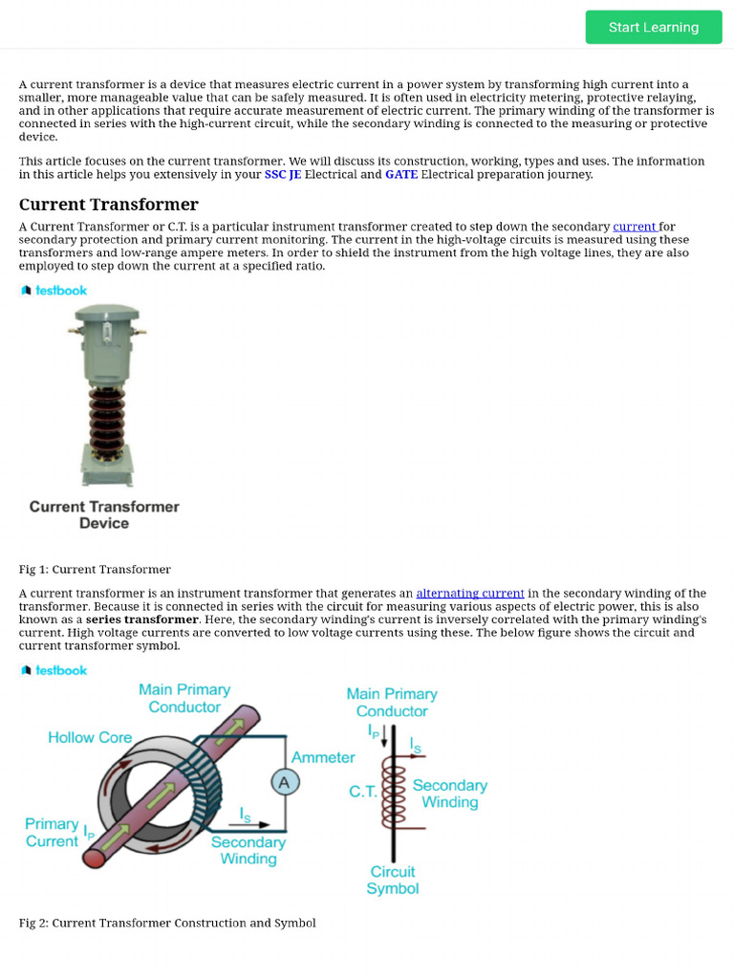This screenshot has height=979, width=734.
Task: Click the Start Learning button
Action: (x=654, y=27)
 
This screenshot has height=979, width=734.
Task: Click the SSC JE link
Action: (x=282, y=175)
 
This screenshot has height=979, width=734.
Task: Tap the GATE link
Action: (x=400, y=175)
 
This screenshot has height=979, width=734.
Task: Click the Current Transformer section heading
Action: (x=109, y=205)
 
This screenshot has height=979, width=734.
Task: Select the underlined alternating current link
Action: (x=470, y=594)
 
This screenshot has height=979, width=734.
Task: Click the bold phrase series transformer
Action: (x=141, y=620)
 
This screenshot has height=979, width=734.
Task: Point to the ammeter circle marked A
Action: (x=284, y=783)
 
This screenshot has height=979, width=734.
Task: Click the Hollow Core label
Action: (x=90, y=737)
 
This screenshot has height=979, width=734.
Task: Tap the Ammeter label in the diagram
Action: (x=323, y=757)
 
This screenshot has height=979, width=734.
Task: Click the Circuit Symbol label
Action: (x=393, y=880)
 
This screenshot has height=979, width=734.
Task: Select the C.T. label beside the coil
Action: (x=362, y=792)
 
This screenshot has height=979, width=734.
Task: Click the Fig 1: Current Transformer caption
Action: (x=95, y=570)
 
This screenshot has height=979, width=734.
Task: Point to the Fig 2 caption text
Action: (x=167, y=924)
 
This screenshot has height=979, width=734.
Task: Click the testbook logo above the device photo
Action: (x=54, y=291)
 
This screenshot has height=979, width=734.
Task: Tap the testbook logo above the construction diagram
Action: (x=54, y=671)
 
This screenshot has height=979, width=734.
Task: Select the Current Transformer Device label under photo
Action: (x=104, y=514)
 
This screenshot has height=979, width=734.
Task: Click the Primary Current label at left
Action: (x=52, y=832)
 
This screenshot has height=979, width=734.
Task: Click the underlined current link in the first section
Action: (x=635, y=228)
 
